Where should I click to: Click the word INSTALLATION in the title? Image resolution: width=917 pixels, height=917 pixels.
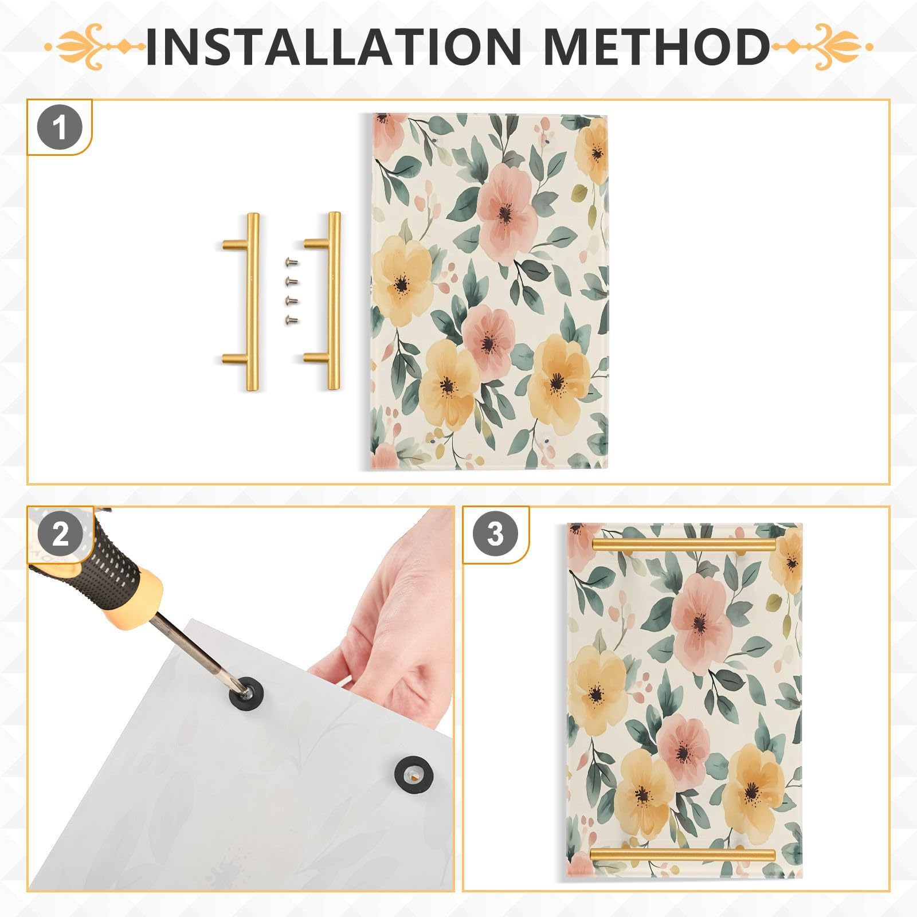coord(332,46)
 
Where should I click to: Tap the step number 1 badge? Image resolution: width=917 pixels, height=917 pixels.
coord(60,128)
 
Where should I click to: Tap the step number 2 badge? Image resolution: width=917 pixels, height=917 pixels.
coord(60,534)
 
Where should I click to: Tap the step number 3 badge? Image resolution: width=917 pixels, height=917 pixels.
coord(495,534)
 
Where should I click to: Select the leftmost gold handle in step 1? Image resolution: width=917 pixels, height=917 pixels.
coord(251,301)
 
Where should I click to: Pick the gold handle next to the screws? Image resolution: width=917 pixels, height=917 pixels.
coord(332,301)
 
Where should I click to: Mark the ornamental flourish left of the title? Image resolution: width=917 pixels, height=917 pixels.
coord(95,46)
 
